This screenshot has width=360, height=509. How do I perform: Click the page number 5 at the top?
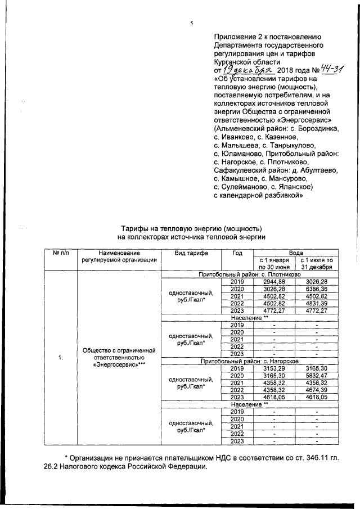point(191,23)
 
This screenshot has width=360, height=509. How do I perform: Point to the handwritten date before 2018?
point(247,70)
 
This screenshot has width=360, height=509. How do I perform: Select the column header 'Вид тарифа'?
point(191,253)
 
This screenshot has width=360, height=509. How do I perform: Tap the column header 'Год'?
point(237,253)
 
